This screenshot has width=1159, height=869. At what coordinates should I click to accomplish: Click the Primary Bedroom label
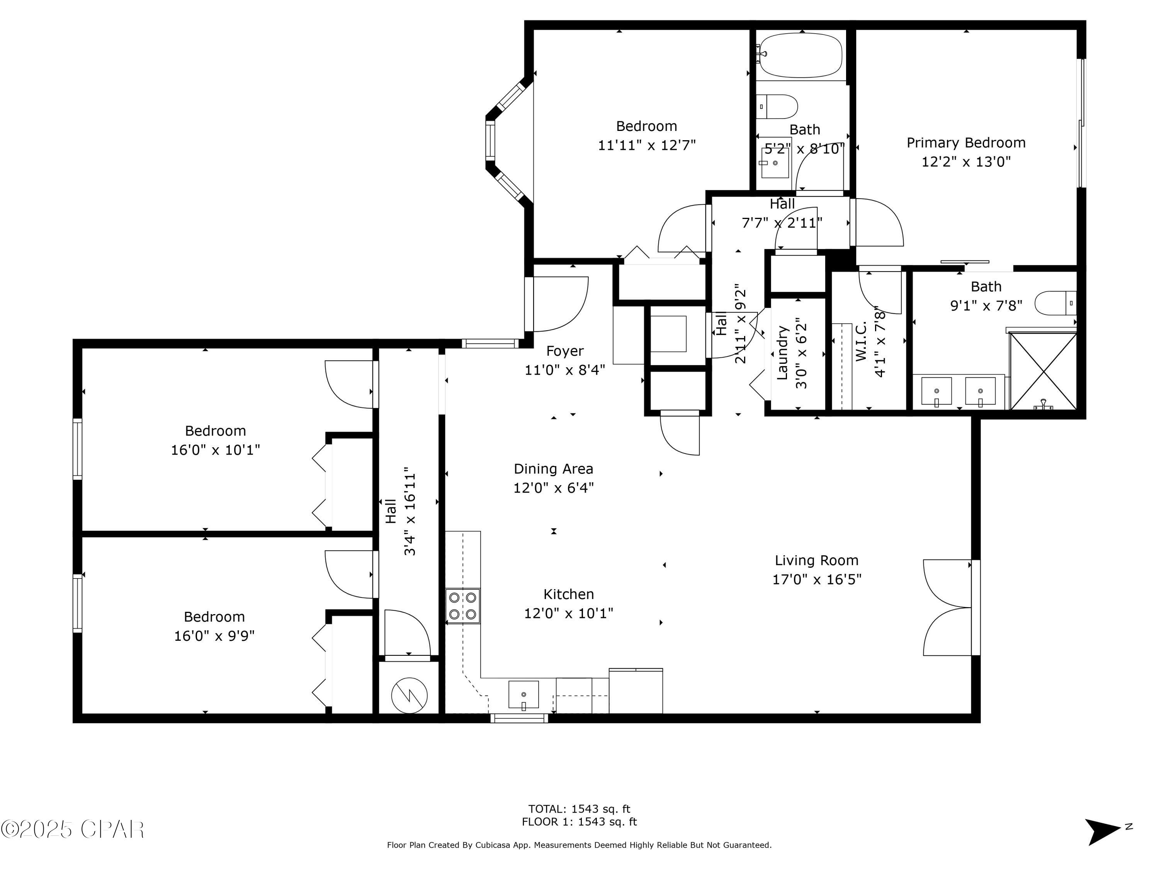(966, 143)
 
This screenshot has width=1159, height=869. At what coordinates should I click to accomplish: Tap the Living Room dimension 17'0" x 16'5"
(817, 579)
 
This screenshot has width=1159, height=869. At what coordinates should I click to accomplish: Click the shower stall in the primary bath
(1043, 371)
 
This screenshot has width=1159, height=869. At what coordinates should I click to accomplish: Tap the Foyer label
(565, 351)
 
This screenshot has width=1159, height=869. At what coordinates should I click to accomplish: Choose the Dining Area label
(553, 469)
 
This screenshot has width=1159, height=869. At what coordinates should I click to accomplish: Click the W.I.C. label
(861, 341)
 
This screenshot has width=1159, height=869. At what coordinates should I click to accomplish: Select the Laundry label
(782, 353)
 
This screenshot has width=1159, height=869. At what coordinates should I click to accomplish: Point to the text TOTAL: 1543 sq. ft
(579, 809)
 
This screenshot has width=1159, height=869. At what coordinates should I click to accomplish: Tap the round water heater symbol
(409, 696)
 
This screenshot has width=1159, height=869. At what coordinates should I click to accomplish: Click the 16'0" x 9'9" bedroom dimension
(214, 636)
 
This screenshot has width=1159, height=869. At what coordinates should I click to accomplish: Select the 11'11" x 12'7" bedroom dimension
(647, 145)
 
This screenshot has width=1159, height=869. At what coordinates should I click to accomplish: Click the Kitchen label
(569, 594)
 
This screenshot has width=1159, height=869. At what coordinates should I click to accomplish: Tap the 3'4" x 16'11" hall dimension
(410, 511)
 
